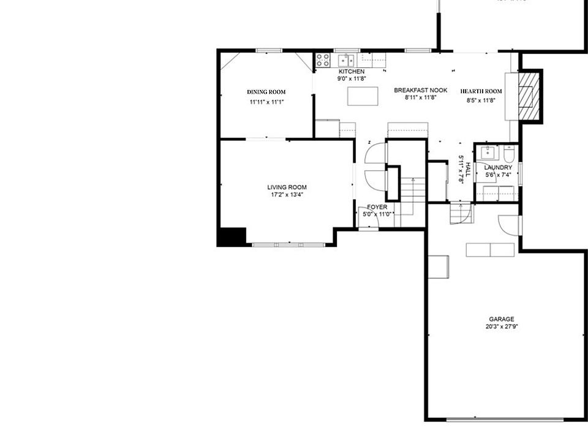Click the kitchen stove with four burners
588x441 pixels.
[323, 60]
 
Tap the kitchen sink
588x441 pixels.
[346, 60]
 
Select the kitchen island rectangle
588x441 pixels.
[363, 96]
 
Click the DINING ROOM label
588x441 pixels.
[266, 92]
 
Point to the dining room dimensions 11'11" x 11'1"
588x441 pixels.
[266, 102]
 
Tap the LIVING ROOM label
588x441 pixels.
[287, 187]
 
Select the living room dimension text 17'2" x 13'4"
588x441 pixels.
[287, 195]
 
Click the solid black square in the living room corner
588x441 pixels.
[233, 236]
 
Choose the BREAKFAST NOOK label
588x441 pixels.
[420, 90]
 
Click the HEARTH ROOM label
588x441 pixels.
[481, 91]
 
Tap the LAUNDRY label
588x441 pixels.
[498, 167]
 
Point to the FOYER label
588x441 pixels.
[377, 208]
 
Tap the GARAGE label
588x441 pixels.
[501, 319]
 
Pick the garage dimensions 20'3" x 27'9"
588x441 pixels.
[501, 326]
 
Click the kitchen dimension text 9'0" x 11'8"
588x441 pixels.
[351, 78]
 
